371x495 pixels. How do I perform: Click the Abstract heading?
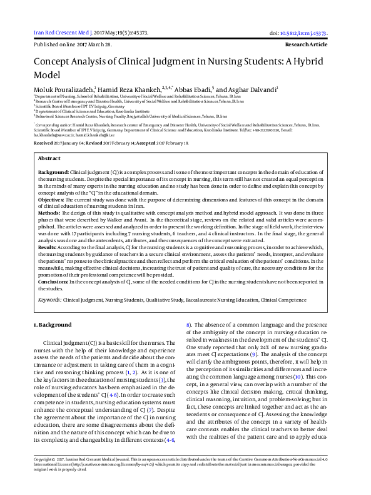pyautogui.click(x=49, y=159)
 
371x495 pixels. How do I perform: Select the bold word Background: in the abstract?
pyautogui.click(x=53, y=171)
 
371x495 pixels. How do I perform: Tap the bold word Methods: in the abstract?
pyautogui.click(x=50, y=213)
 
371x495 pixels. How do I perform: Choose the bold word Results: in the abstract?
pyautogui.click(x=49, y=248)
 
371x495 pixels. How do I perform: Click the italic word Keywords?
pyautogui.click(x=50, y=300)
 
